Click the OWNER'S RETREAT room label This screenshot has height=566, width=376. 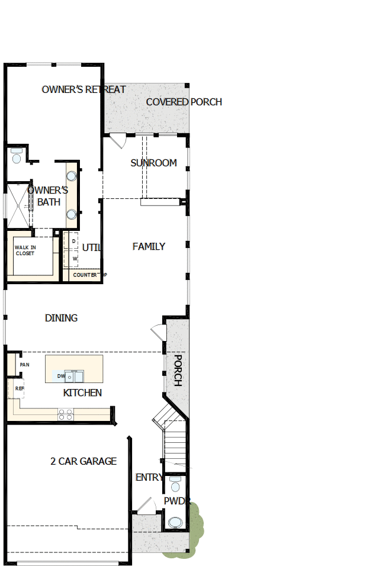pos(83,89)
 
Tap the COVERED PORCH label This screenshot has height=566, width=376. pos(184,102)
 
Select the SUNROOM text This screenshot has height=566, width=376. pos(153,163)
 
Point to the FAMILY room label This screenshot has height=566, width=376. pos(149,246)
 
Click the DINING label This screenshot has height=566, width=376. pos(61,318)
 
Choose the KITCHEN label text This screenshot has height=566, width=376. pos(82,393)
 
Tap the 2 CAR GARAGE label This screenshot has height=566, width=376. pos(83,461)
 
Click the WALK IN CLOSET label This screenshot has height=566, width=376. pos(25,250)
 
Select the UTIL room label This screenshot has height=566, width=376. pos(92,247)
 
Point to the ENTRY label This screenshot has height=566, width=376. pos(149,477)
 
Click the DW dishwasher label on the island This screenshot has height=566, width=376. pos(61,376)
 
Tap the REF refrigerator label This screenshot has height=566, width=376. pos(20,388)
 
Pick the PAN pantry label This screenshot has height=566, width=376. pos(24,365)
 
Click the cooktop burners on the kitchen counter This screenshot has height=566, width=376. pos(65,414)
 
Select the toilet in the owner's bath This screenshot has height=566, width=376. pos(16,157)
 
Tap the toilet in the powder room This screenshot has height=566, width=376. pos(175,485)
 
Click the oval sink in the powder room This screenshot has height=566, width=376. pos(175,523)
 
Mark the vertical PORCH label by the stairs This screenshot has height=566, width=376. pos(178,371)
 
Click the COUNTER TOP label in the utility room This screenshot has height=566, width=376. pos(89,275)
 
